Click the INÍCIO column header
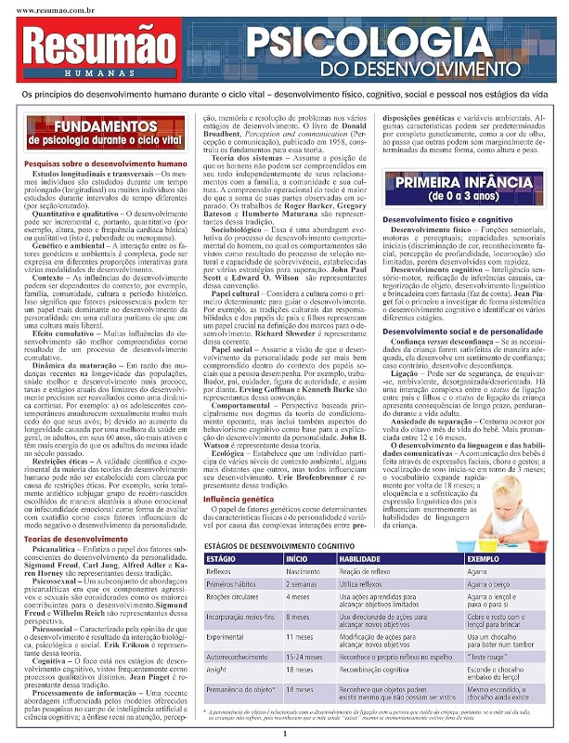[296, 534]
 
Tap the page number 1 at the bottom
[285, 734]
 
